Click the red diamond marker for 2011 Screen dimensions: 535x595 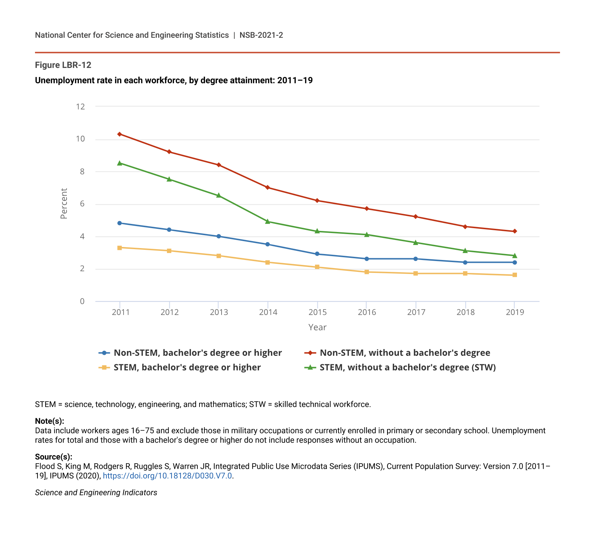(x=120, y=134)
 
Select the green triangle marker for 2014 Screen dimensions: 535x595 (x=268, y=221)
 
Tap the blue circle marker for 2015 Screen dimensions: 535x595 (x=317, y=254)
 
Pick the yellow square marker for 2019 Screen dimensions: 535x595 (x=514, y=275)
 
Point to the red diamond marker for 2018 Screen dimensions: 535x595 (x=465, y=227)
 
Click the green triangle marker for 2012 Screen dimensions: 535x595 (x=169, y=179)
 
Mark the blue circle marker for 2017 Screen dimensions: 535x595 (x=415, y=259)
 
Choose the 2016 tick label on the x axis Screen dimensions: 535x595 (x=366, y=312)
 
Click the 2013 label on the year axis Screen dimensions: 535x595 (x=219, y=312)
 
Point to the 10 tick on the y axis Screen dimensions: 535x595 (x=80, y=139)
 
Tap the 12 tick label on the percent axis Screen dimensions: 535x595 (x=80, y=107)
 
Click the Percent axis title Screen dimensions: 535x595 (x=64, y=204)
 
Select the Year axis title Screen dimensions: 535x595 (x=317, y=328)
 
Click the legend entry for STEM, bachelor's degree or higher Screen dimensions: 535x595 (x=187, y=367)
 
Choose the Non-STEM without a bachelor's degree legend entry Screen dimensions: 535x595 (x=405, y=353)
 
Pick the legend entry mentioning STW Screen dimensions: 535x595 (x=407, y=367)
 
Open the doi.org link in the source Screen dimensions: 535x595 (x=167, y=476)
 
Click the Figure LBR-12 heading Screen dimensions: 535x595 (x=63, y=65)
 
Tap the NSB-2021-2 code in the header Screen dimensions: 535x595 (x=261, y=35)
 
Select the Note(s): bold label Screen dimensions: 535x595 (x=49, y=421)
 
